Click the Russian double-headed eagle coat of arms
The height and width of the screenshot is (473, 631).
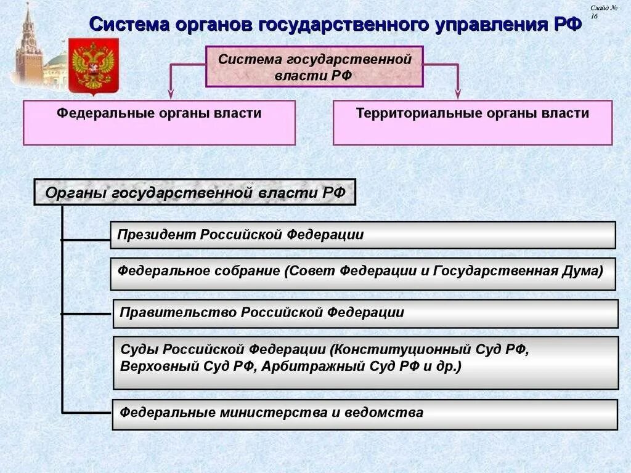coord(93,65)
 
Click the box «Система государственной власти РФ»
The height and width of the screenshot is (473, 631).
coord(314,67)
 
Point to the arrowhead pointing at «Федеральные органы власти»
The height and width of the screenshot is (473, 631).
coord(171,94)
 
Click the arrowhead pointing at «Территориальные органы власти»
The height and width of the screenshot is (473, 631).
coord(458,94)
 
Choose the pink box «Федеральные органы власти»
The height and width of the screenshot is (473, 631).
coord(159,123)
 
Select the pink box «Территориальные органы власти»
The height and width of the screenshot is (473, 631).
coord(473,123)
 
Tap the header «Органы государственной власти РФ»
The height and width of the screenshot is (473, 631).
coord(195,193)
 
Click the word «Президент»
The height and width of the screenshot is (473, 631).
coord(156,235)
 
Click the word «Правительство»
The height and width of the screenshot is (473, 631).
coord(178,312)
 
